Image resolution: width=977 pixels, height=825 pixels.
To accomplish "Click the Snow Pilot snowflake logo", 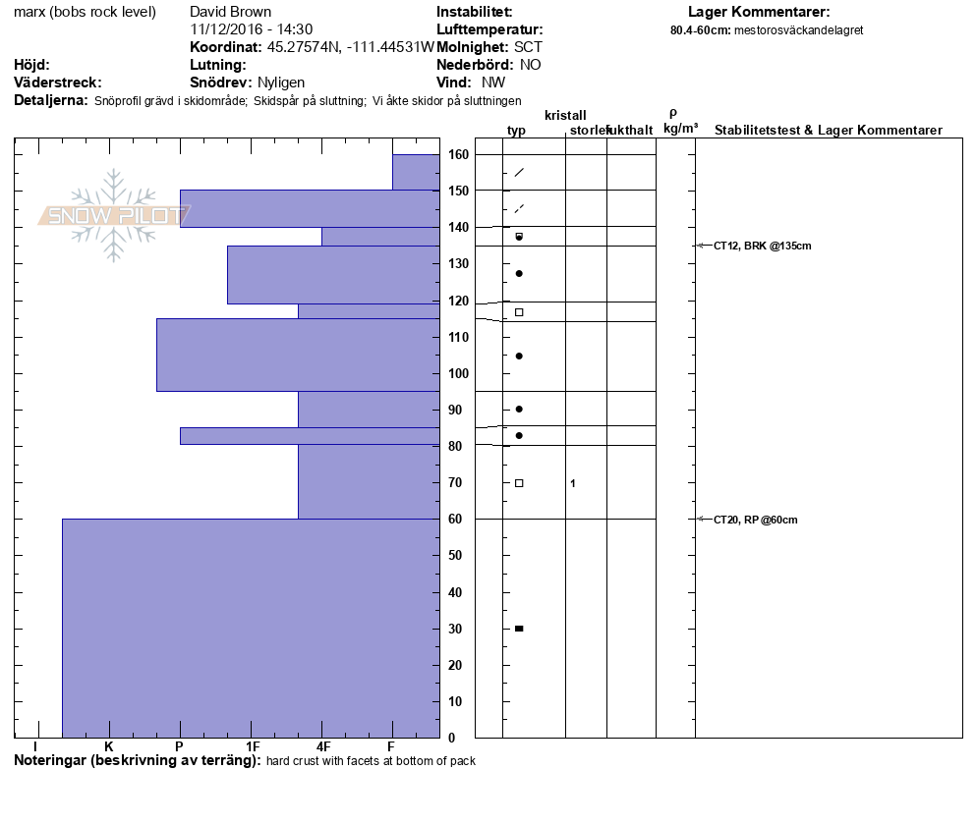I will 114,215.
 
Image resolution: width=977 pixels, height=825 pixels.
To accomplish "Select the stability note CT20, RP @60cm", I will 755,520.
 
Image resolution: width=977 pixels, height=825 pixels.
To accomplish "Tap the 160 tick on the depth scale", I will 458,154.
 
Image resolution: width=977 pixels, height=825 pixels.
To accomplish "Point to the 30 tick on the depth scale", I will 458,629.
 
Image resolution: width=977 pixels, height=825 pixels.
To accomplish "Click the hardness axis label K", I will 108,747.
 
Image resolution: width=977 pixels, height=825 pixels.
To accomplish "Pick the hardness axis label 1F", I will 253,747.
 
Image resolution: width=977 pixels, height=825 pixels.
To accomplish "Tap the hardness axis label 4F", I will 323,747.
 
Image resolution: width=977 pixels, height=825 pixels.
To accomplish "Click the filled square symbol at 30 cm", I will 519,629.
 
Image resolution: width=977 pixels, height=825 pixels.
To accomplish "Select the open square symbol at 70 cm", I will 519,483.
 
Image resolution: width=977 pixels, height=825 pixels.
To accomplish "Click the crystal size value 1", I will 572,483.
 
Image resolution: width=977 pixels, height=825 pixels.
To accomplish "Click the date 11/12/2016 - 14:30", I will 251,29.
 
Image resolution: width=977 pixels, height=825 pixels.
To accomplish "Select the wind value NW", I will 493,82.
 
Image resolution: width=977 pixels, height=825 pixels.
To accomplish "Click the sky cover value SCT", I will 527,47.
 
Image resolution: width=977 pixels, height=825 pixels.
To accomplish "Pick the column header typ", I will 517,131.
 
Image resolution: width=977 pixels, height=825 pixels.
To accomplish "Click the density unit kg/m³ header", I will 680,129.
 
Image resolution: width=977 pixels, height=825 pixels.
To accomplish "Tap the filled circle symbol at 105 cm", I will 519,356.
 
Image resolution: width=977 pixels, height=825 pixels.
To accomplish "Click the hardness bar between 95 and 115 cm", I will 298,355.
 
